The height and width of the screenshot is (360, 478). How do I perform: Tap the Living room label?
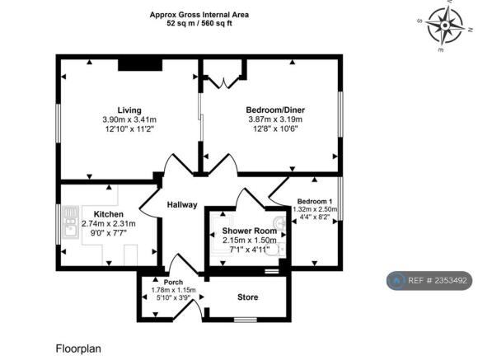129,110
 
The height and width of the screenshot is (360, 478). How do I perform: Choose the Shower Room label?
244,230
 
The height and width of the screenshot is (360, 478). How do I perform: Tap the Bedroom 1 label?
315,201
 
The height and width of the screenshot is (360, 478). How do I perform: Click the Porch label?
173,282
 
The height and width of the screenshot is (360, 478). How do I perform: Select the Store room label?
247,297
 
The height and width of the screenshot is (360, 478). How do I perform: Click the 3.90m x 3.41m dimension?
129,119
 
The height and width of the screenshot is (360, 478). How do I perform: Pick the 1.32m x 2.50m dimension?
316,209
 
